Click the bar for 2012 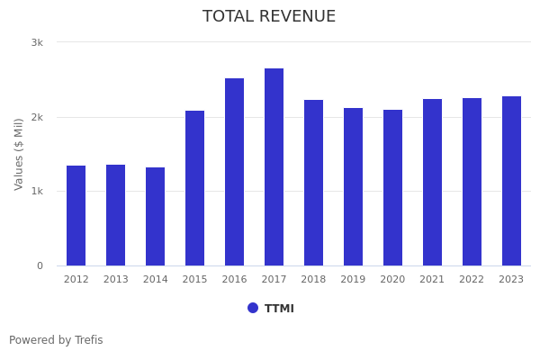pyautogui.click(x=76, y=216)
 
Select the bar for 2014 pyautogui.click(x=156, y=217)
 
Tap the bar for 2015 pyautogui.click(x=195, y=188)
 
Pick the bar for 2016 pyautogui.click(x=235, y=172)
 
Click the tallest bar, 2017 pyautogui.click(x=274, y=167)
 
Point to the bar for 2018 pyautogui.click(x=314, y=183)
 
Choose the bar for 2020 pyautogui.click(x=393, y=188)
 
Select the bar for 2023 pyautogui.click(x=512, y=181)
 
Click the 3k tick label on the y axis pyautogui.click(x=37, y=42)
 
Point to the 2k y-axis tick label pyautogui.click(x=37, y=117)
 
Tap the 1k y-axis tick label pyautogui.click(x=37, y=192)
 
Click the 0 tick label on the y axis pyautogui.click(x=40, y=265)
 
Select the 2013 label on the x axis pyautogui.click(x=116, y=280)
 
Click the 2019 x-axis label pyautogui.click(x=354, y=280)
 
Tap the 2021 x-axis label pyautogui.click(x=433, y=280)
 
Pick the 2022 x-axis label pyautogui.click(x=472, y=280)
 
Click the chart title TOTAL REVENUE pyautogui.click(x=269, y=17)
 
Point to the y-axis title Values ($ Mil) pyautogui.click(x=19, y=154)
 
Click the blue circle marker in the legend pyautogui.click(x=253, y=308)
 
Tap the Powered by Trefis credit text pyautogui.click(x=56, y=340)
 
